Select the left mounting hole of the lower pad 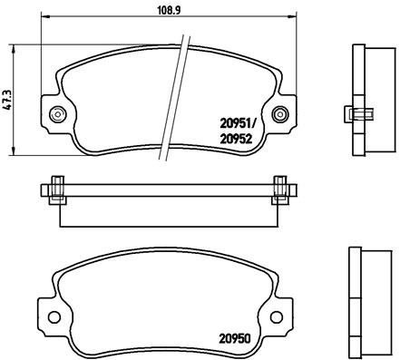[54, 318]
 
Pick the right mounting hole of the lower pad [283, 318]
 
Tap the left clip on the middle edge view [56, 190]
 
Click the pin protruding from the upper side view [356, 113]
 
